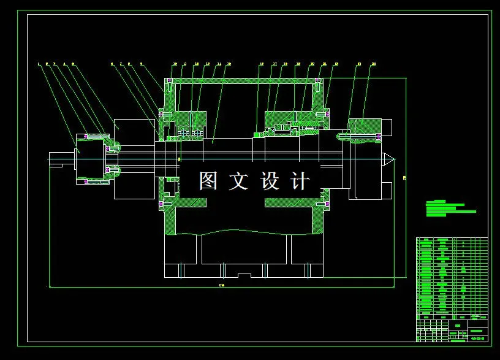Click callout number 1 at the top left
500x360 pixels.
39,63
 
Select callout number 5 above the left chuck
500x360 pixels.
73,63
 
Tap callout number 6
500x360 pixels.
112,63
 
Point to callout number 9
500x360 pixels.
142,63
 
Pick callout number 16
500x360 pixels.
262,64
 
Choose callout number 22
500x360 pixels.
334,64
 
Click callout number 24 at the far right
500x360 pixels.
373,64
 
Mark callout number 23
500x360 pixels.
359,64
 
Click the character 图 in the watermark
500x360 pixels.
208,181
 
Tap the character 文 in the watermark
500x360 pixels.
238,181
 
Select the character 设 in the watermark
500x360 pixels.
270,181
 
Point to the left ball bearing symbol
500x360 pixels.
182,132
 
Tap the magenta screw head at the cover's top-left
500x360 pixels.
170,81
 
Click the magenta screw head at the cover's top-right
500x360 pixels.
318,81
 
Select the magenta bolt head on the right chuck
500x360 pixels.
379,136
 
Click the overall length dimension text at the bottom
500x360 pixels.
221,285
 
